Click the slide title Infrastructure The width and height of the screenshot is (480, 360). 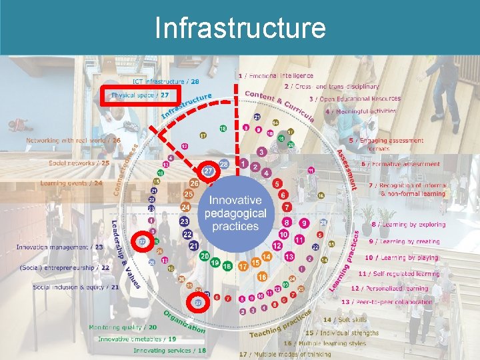pos(240,28)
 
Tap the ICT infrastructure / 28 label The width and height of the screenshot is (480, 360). pos(165,81)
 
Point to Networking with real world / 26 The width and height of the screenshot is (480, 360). pos(73,141)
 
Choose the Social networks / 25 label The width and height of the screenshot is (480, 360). pos(78,162)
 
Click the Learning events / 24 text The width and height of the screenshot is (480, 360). pos(71,183)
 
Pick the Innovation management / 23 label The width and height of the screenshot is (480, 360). pos(59,247)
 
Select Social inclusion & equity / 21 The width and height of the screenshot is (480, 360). pos(76,287)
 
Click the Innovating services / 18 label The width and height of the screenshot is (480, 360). pos(169,350)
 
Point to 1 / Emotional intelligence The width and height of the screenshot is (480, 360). pos(275,76)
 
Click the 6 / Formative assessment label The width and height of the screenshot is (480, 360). pos(401,164)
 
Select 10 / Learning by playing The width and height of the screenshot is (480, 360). pos(401,257)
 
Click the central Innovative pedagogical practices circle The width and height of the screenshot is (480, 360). pos(235,213)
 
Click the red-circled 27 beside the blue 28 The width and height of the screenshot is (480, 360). pos(209,171)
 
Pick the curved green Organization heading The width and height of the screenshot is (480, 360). pos(183,321)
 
